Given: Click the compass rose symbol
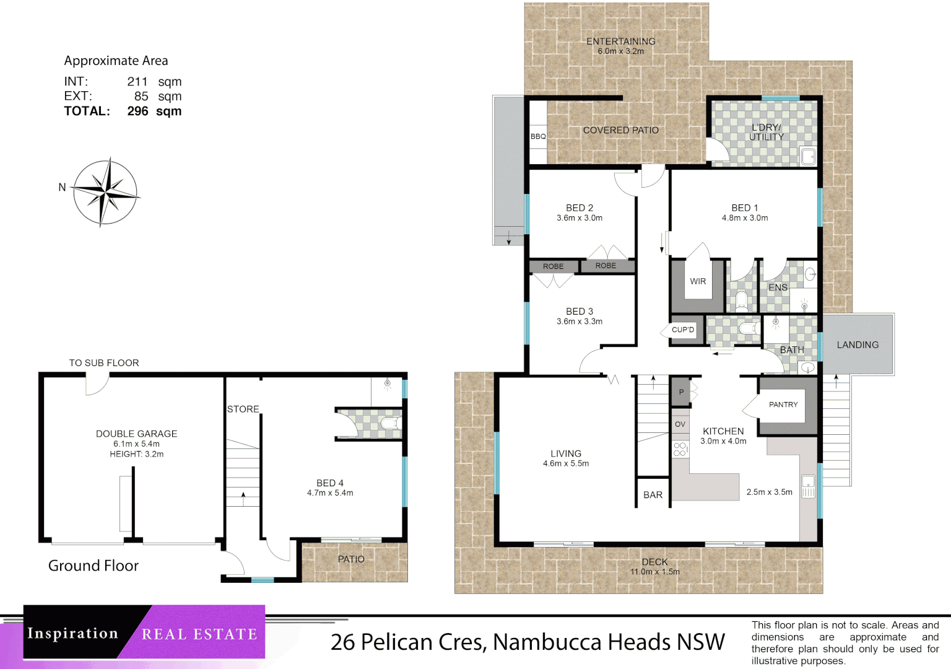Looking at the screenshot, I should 106,193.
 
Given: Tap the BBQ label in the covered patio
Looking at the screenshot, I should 538,136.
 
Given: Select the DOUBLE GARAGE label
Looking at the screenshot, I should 136,434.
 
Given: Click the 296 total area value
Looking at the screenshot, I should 137,111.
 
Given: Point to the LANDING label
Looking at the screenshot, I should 858,345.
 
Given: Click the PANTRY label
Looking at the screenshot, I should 783,404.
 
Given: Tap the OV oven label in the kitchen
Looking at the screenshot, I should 680,424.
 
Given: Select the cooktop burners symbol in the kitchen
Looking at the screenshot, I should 680,449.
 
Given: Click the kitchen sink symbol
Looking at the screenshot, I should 808,486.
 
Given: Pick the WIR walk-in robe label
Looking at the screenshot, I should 698,281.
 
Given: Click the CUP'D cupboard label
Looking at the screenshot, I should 683,330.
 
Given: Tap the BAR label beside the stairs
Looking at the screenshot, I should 653,495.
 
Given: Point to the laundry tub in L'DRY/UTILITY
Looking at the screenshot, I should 808,155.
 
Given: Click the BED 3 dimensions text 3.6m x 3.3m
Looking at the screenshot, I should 579,321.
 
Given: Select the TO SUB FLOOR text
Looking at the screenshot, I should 104,363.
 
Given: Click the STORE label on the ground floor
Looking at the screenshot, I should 243,409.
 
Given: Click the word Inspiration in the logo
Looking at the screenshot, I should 72,634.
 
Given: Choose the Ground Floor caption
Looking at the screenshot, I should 93,566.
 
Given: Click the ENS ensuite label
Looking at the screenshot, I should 778,287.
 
